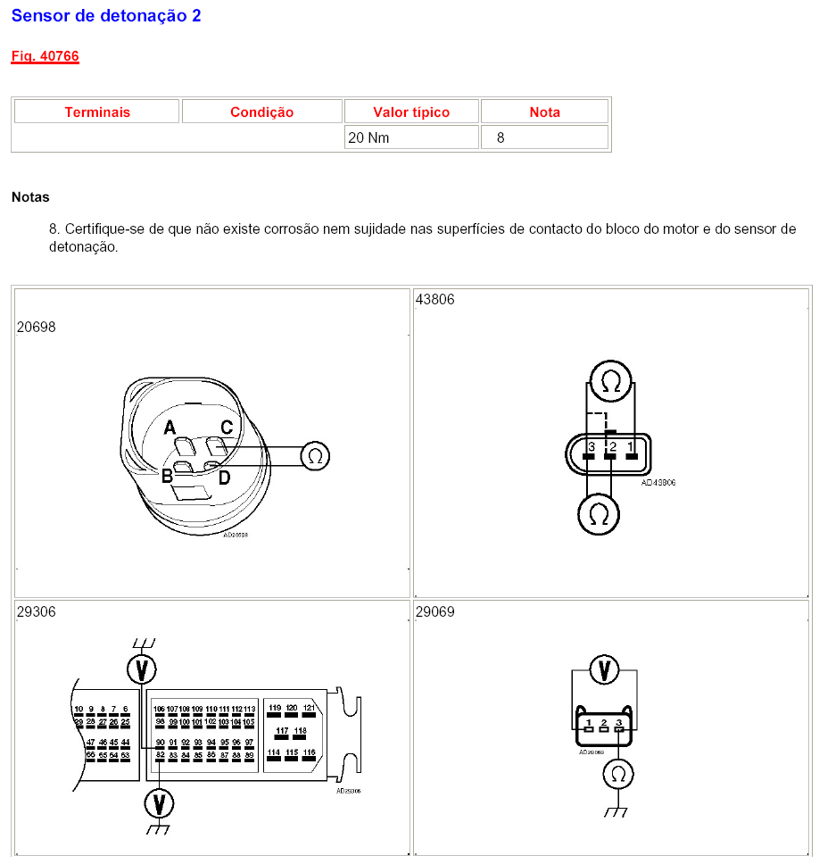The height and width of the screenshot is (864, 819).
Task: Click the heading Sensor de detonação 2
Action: tap(106, 15)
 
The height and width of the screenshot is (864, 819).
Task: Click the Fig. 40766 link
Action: tap(45, 56)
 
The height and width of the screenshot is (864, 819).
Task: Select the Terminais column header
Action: tap(97, 112)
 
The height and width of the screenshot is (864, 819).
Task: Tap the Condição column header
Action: tap(261, 112)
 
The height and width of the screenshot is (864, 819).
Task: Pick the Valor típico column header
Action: tap(411, 112)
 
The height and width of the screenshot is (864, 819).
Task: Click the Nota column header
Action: tap(544, 112)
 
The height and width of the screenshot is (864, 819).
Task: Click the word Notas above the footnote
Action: tap(30, 196)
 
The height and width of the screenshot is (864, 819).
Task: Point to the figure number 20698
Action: tap(36, 327)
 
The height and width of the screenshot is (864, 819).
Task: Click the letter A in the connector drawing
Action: tap(169, 428)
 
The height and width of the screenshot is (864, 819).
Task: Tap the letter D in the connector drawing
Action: tap(224, 478)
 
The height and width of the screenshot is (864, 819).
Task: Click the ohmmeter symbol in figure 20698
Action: tap(314, 455)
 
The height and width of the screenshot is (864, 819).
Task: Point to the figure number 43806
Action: tap(434, 299)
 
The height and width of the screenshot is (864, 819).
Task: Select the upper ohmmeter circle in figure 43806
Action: tap(611, 382)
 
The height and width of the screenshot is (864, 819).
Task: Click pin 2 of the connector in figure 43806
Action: tap(611, 446)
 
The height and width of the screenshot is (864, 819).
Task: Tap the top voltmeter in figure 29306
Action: tap(139, 669)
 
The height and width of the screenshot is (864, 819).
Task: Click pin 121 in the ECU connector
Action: tap(309, 708)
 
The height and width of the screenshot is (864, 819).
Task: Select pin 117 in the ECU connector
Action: tap(283, 731)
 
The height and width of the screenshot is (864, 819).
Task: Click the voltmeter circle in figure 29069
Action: tap(605, 669)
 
